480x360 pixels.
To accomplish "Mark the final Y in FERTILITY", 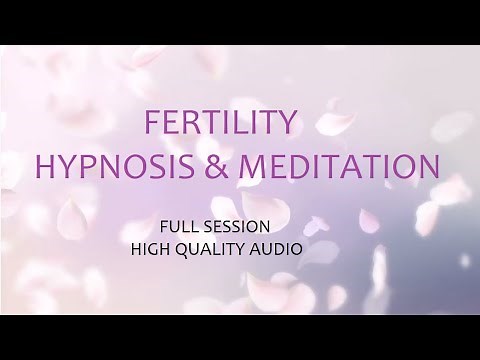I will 290,125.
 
